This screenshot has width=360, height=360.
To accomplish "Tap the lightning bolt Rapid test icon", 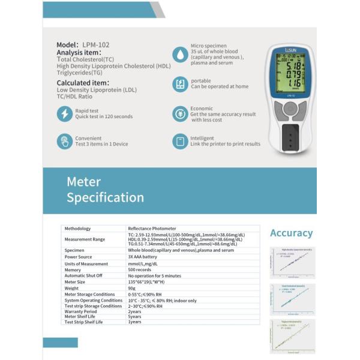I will (x=64, y=113).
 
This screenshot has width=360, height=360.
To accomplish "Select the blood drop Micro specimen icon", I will (x=180, y=54).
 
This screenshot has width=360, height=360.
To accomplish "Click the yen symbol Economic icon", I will (x=180, y=113).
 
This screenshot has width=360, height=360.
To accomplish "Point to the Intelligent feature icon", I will (x=180, y=141).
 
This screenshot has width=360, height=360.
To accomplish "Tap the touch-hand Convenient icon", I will (x=64, y=141).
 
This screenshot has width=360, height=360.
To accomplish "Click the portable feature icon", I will (x=180, y=84).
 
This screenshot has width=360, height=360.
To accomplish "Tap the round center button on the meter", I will (x=290, y=109).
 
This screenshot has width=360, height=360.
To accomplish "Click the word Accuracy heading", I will (x=291, y=233).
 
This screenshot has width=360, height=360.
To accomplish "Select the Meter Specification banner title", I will (x=105, y=190).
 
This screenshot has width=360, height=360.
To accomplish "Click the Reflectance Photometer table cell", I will (x=152, y=229).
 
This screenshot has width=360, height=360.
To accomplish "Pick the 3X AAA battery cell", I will (x=142, y=257).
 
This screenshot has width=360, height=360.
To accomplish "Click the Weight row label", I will (x=71, y=288).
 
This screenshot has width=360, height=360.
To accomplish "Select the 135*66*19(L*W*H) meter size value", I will (x=150, y=282).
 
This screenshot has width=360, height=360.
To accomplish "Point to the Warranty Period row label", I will (x=80, y=311).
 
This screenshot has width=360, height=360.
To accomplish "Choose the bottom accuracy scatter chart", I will (x=292, y=335).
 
